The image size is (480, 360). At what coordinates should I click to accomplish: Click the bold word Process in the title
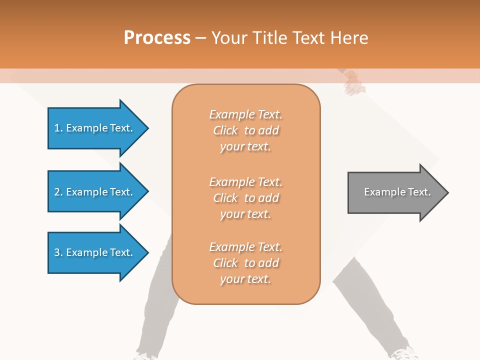[157, 38]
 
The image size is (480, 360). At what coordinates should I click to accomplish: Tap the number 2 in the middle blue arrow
[57, 192]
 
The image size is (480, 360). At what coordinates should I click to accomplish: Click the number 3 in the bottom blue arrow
[57, 252]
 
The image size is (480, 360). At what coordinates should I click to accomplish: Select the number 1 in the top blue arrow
[57, 128]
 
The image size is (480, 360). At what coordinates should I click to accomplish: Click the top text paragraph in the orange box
[245, 130]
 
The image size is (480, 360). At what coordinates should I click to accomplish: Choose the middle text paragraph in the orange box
[245, 198]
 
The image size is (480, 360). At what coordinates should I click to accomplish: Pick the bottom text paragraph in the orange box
[245, 263]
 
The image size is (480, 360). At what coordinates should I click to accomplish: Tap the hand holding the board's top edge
[354, 83]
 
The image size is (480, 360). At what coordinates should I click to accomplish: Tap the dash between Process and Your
[200, 38]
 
